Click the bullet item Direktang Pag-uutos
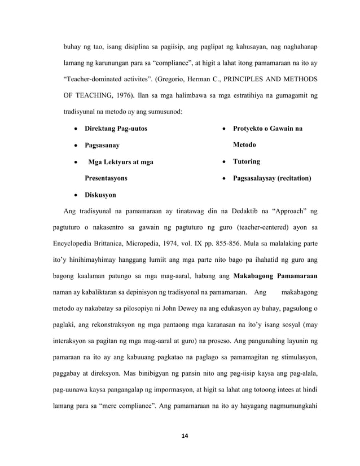point(116,129)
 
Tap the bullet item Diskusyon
point(100,195)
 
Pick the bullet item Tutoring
point(247,162)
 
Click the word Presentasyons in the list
point(106,178)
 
